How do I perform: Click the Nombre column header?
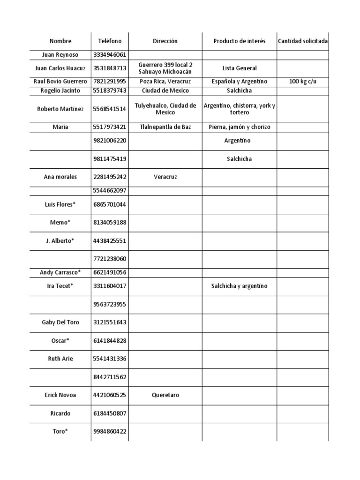pyautogui.click(x=60, y=41)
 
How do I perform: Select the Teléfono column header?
pyautogui.click(x=110, y=41)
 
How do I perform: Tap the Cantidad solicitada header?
pyautogui.click(x=303, y=41)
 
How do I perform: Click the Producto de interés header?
pyautogui.click(x=240, y=41)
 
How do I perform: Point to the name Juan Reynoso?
pyautogui.click(x=60, y=55)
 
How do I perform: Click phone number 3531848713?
pyautogui.click(x=110, y=68)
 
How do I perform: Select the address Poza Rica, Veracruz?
pyautogui.click(x=165, y=82)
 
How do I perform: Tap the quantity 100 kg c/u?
pyautogui.click(x=303, y=82)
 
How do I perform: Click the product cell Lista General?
pyautogui.click(x=240, y=68)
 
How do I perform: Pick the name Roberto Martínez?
pyautogui.click(x=60, y=109)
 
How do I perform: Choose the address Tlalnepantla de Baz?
pyautogui.click(x=165, y=127)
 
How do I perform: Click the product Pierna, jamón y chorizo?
pyautogui.click(x=240, y=127)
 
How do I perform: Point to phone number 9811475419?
pyautogui.click(x=110, y=159)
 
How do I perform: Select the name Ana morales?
pyautogui.click(x=60, y=177)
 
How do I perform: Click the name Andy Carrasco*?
pyautogui.click(x=60, y=272)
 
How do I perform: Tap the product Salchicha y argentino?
pyautogui.click(x=240, y=286)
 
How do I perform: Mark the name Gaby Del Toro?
pyautogui.click(x=60, y=322)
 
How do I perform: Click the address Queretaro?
pyautogui.click(x=165, y=395)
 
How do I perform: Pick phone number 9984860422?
pyautogui.click(x=110, y=432)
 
